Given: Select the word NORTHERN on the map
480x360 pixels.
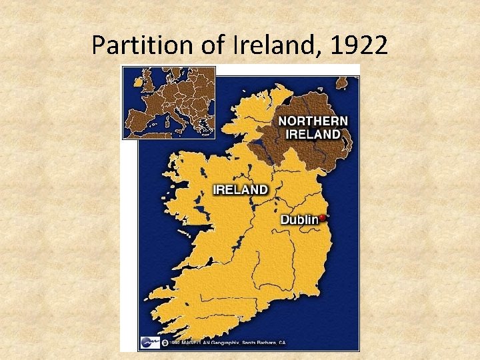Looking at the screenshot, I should (313, 121).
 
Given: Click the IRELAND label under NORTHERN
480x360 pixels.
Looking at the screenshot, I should (313, 134).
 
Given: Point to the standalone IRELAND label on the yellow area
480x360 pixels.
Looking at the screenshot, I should (240, 189).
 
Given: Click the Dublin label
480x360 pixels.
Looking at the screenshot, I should (299, 219).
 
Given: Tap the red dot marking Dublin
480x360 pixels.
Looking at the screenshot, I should (323, 217).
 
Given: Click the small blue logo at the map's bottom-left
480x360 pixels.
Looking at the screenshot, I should (147, 343).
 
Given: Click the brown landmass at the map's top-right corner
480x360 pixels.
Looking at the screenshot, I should (343, 83).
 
